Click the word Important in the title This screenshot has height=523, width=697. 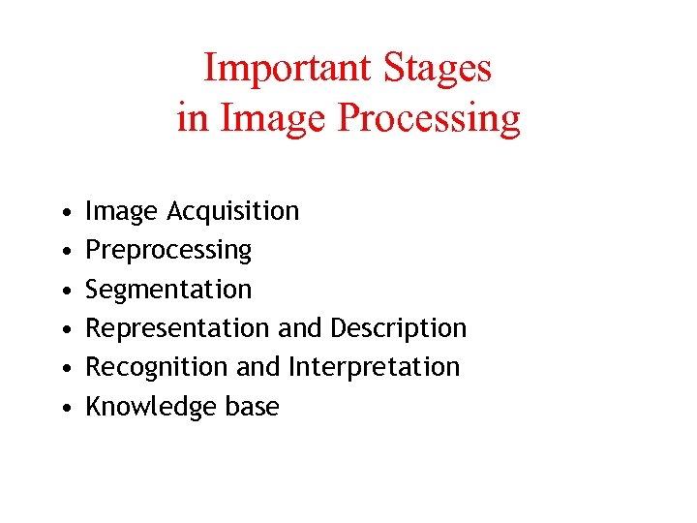pos(288,68)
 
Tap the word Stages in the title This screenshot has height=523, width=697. pos(438,68)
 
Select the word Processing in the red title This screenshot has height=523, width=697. pos(429,118)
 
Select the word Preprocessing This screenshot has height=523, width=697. pos(168,250)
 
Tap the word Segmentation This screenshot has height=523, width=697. pos(168,289)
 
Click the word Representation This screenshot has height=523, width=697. pos(178,328)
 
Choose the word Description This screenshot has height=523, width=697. pos(399,328)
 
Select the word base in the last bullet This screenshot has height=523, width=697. pos(252,407)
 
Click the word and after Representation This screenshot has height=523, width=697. pos(301,328)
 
